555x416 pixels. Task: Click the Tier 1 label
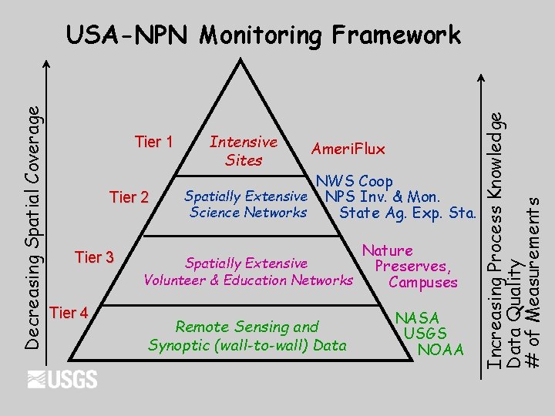(153, 143)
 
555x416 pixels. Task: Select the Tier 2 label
(129, 197)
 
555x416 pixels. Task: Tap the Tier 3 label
(94, 257)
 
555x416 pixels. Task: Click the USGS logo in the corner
(62, 379)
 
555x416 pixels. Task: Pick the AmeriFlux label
(348, 149)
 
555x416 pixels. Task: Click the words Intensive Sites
(244, 151)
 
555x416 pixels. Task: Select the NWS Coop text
(354, 182)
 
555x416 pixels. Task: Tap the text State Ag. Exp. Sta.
(408, 213)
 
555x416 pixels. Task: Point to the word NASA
(417, 317)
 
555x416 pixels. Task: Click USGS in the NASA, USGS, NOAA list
(425, 334)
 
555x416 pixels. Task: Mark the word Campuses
(423, 282)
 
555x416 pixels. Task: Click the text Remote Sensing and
(247, 327)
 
